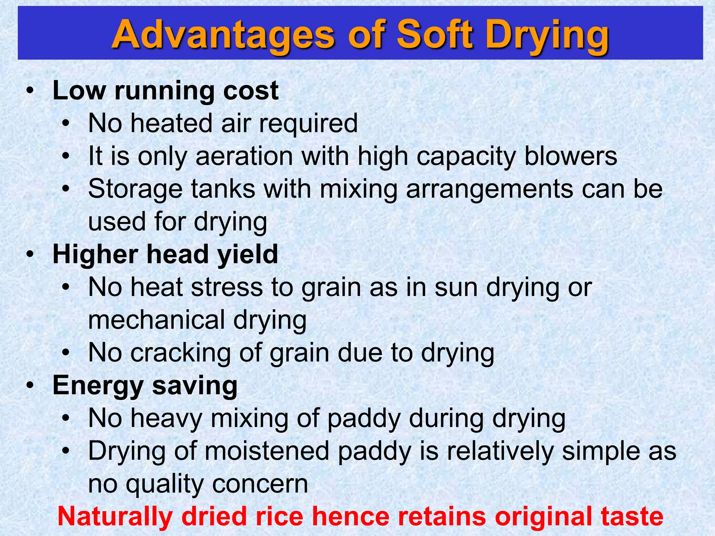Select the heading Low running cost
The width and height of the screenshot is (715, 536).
click(165, 91)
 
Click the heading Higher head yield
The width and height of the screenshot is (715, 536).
click(165, 254)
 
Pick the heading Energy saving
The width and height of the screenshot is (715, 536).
click(145, 386)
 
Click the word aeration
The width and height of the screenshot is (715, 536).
click(244, 156)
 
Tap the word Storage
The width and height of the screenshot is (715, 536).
click(135, 189)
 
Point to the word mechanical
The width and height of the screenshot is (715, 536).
click(157, 320)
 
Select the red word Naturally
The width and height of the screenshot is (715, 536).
click(115, 516)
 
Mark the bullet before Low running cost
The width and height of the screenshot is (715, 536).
click(30, 91)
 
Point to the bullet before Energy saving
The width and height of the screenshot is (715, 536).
click(30, 386)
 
